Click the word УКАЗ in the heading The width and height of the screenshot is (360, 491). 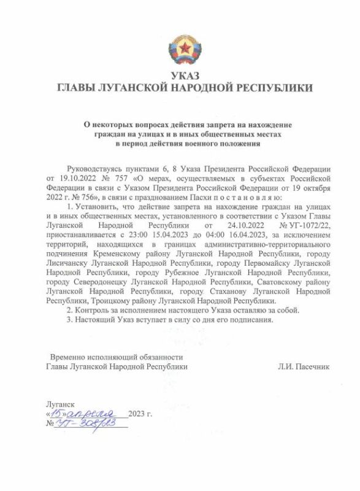179,75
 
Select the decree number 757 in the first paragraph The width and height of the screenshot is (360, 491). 120,178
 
